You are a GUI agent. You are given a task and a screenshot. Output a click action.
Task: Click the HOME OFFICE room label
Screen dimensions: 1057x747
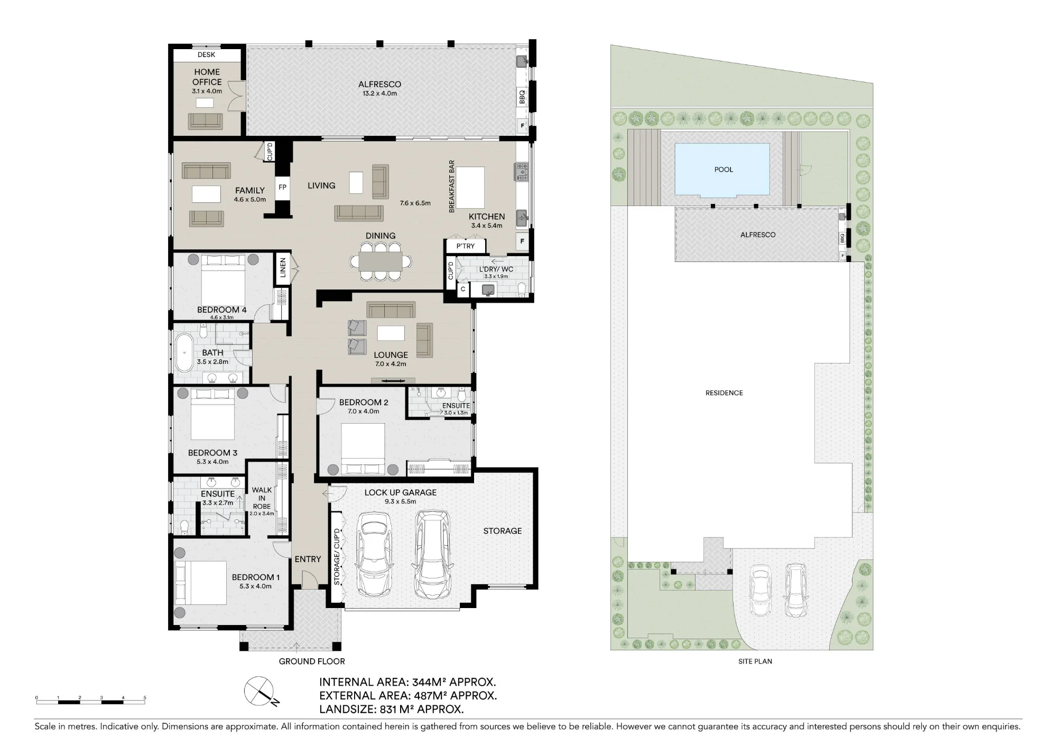pos(207,77)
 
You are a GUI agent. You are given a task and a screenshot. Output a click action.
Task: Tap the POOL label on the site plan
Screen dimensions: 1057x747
pos(724,170)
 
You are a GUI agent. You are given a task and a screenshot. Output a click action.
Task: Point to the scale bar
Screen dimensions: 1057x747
pos(90,701)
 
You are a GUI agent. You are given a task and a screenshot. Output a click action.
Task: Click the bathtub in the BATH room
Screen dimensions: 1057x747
pos(184,353)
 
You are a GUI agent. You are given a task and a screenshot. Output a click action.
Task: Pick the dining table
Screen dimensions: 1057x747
pos(381,261)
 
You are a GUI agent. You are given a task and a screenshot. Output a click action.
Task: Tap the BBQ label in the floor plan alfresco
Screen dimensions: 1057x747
pos(522,97)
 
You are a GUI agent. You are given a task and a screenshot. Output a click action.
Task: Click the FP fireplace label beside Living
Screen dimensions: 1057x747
pos(282,187)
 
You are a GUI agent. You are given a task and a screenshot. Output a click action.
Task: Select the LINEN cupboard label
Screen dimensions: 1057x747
pos(283,267)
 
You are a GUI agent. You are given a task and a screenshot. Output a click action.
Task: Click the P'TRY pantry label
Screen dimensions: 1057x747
pos(466,246)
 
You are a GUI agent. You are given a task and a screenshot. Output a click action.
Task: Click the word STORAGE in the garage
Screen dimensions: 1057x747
pos(502,531)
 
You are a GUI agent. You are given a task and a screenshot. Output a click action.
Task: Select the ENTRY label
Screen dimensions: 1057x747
pos(308,559)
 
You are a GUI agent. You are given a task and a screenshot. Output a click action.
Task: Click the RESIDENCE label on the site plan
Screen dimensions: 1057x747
pos(724,393)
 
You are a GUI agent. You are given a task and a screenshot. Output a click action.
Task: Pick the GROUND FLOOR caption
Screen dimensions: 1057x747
pos(312,661)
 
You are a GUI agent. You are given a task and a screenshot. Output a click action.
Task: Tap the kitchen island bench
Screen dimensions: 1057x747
pos(470,187)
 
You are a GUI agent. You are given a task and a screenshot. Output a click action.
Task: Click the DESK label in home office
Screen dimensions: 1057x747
pos(207,54)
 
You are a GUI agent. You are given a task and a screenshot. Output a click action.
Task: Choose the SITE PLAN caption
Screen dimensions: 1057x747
pos(755,661)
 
